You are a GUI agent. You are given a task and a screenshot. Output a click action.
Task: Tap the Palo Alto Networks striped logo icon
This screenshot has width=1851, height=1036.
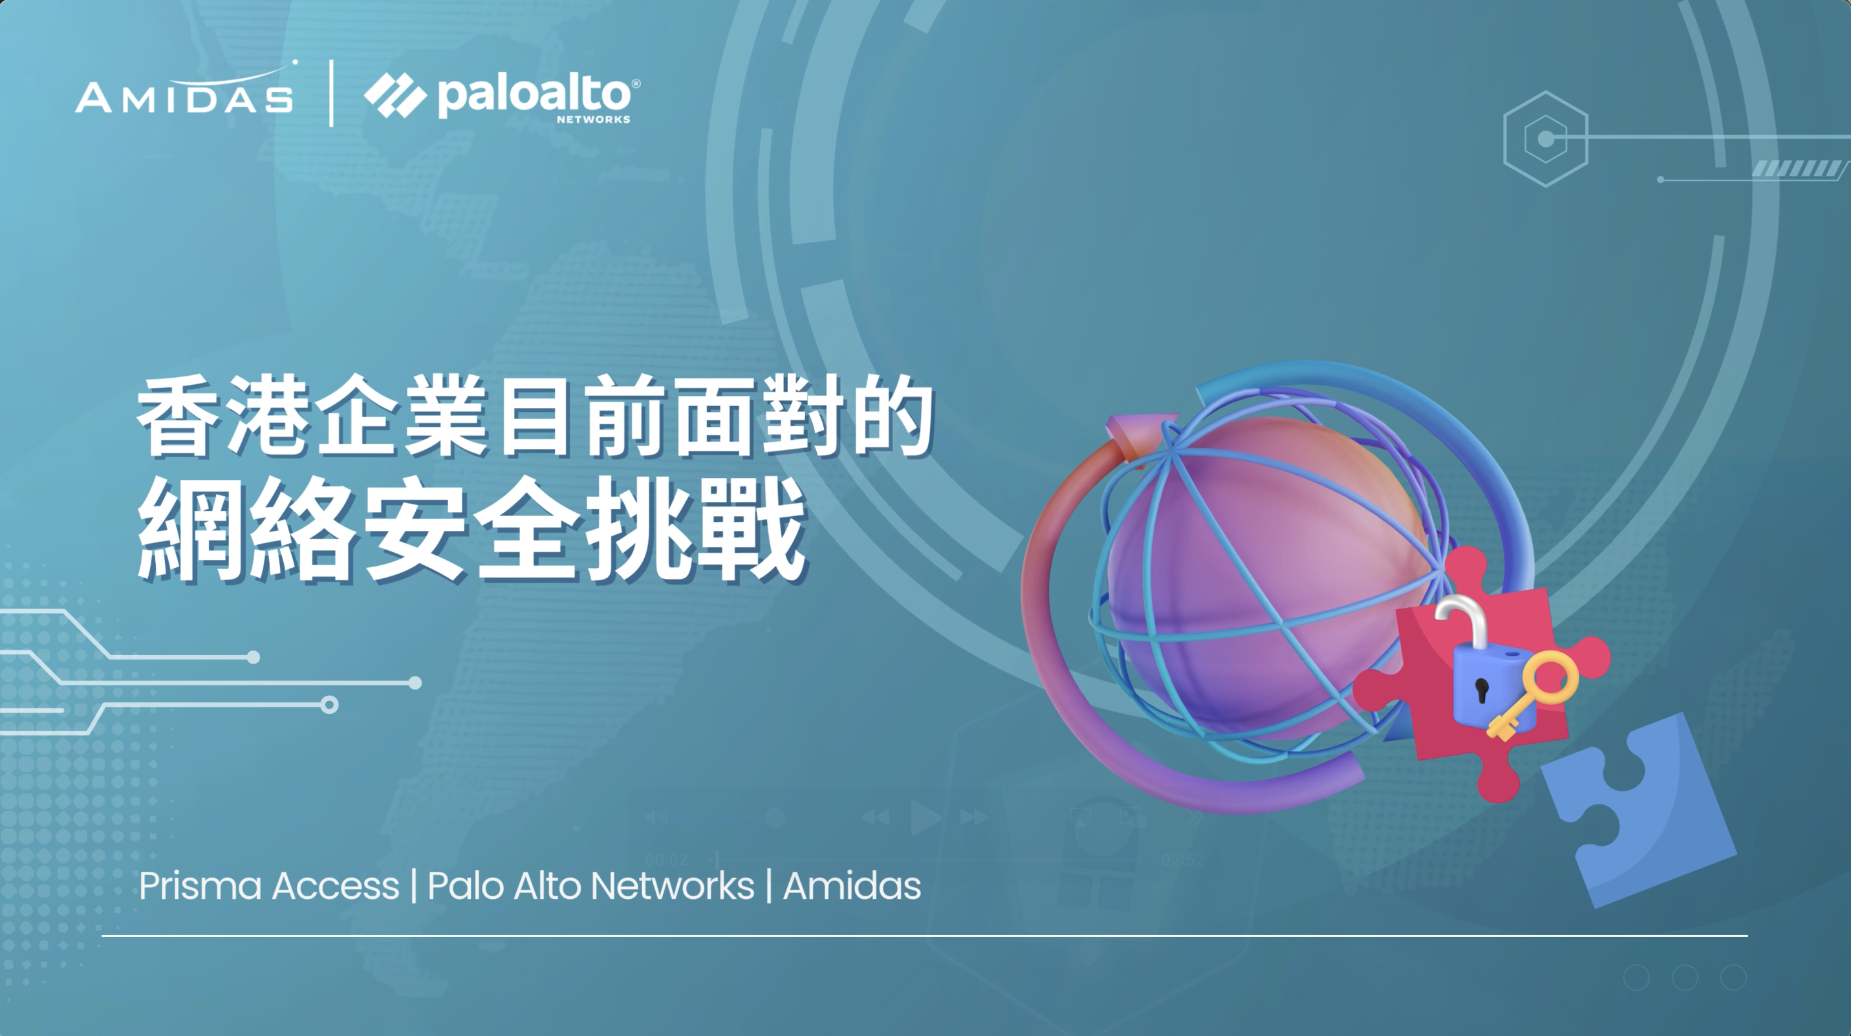tap(395, 96)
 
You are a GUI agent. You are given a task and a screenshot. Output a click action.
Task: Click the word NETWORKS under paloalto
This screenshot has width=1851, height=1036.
tap(594, 119)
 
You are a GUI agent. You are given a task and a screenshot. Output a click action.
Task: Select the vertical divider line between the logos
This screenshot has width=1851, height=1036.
tap(331, 93)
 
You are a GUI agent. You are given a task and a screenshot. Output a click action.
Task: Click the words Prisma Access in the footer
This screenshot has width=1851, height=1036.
tap(269, 886)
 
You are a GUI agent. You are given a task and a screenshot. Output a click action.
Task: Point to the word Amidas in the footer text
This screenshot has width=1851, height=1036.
tap(852, 886)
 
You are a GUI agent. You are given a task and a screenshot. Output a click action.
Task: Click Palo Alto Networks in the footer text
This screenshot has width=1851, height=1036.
tap(590, 886)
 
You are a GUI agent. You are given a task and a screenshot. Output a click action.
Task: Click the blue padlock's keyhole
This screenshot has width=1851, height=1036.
tap(1482, 691)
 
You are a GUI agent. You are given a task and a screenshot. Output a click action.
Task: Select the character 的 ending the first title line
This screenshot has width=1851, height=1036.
tap(892, 416)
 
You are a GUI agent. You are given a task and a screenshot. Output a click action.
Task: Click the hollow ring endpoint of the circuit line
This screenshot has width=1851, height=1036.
tap(329, 705)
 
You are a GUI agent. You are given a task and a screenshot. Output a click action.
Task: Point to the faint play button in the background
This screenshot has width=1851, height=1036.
tap(925, 817)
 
